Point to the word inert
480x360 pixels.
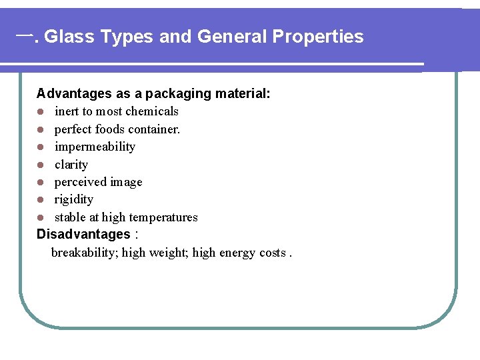pyautogui.click(x=67, y=111)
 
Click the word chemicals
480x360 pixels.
pyautogui.click(x=153, y=111)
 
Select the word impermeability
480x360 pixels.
pyautogui.click(x=95, y=147)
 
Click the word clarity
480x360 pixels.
pyautogui.click(x=71, y=165)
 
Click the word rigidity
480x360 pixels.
pyautogui.click(x=74, y=199)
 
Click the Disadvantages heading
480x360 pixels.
pyautogui.click(x=83, y=235)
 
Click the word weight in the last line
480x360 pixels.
pyautogui.click(x=169, y=253)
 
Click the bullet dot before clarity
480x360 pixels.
pyautogui.click(x=40, y=165)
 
